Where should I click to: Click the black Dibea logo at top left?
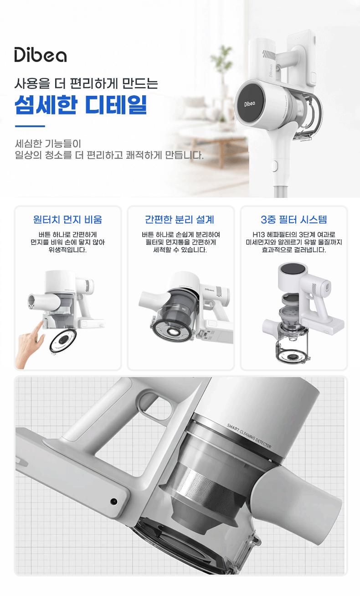(x=41, y=55)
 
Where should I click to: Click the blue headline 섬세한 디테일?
(x=81, y=104)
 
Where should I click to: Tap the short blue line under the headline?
(x=30, y=126)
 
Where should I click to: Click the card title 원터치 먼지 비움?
(x=67, y=219)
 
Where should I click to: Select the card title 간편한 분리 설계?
(x=180, y=219)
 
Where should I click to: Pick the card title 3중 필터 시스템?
(x=294, y=219)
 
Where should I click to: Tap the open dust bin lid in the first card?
(x=63, y=341)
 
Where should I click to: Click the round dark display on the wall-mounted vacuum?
(x=250, y=103)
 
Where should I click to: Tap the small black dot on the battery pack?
(x=113, y=502)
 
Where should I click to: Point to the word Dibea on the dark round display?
(x=250, y=104)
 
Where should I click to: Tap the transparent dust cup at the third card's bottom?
(x=292, y=346)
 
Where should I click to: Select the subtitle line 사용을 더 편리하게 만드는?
(x=86, y=83)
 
